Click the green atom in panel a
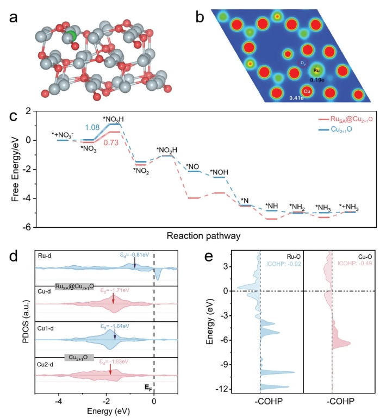tap(70, 36)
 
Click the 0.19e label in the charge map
tap(317, 80)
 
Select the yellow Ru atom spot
tap(317, 71)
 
